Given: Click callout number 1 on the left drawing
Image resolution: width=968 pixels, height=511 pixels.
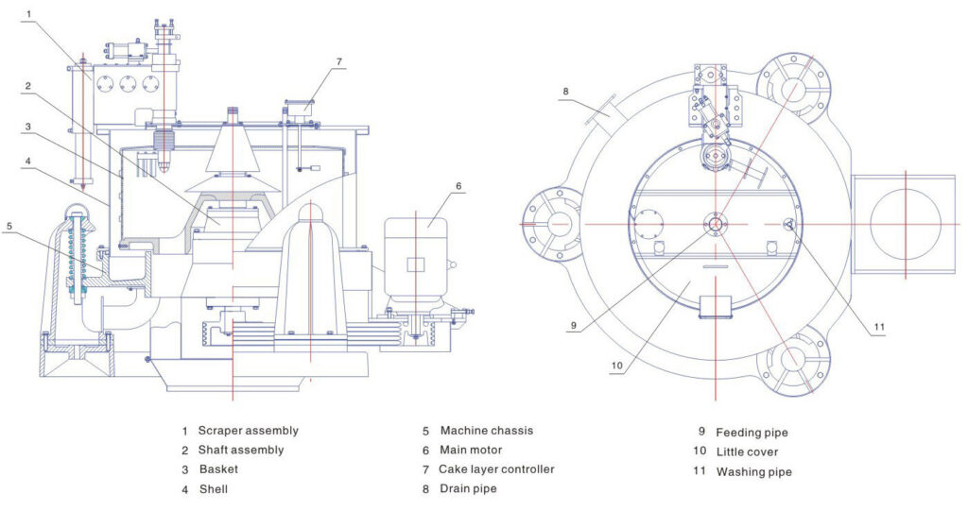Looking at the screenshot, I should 29,14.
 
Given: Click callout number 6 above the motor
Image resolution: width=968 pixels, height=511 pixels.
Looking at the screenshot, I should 458,185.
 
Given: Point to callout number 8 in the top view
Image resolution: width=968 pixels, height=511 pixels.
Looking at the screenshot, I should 565,91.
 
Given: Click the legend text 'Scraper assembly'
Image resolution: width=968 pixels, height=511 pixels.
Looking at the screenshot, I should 248,431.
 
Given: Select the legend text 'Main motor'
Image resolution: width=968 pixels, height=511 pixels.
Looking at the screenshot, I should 471,451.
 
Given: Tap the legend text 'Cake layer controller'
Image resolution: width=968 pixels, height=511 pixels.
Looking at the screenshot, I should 496,469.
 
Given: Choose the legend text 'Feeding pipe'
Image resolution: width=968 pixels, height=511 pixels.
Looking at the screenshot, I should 752,433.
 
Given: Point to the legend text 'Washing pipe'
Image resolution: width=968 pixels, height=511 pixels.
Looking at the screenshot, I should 753,471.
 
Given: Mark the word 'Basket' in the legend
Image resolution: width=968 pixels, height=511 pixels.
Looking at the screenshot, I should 218,469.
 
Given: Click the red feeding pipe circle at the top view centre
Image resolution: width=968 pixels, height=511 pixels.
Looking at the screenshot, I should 716,223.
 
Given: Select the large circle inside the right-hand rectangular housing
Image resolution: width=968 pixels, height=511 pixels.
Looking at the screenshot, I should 905,225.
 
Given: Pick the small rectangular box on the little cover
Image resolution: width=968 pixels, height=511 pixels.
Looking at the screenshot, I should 717,307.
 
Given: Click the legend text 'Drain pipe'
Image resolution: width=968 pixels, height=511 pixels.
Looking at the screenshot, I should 467,488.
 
